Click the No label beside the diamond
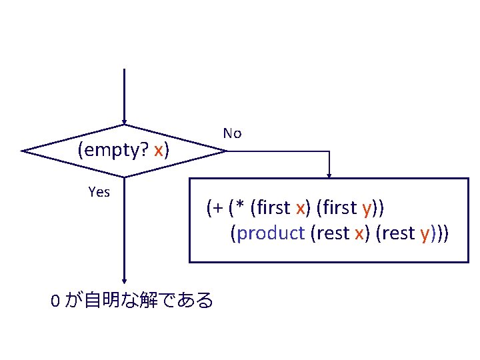pyautogui.click(x=232, y=133)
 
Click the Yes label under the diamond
pyautogui.click(x=99, y=193)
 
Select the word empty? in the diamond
pyautogui.click(x=114, y=151)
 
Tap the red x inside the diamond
pyautogui.click(x=158, y=151)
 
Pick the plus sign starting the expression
pyautogui.click(x=216, y=208)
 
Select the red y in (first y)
pyautogui.click(x=367, y=209)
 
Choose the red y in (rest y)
pyautogui.click(x=424, y=235)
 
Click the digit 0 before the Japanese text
pyautogui.click(x=55, y=301)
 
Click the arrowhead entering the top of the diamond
pyautogui.click(x=124, y=122)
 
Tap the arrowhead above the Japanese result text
pyautogui.click(x=124, y=282)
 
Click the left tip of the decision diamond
pyautogui.click(x=23, y=151)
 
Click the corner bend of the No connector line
pyautogui.click(x=329, y=151)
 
